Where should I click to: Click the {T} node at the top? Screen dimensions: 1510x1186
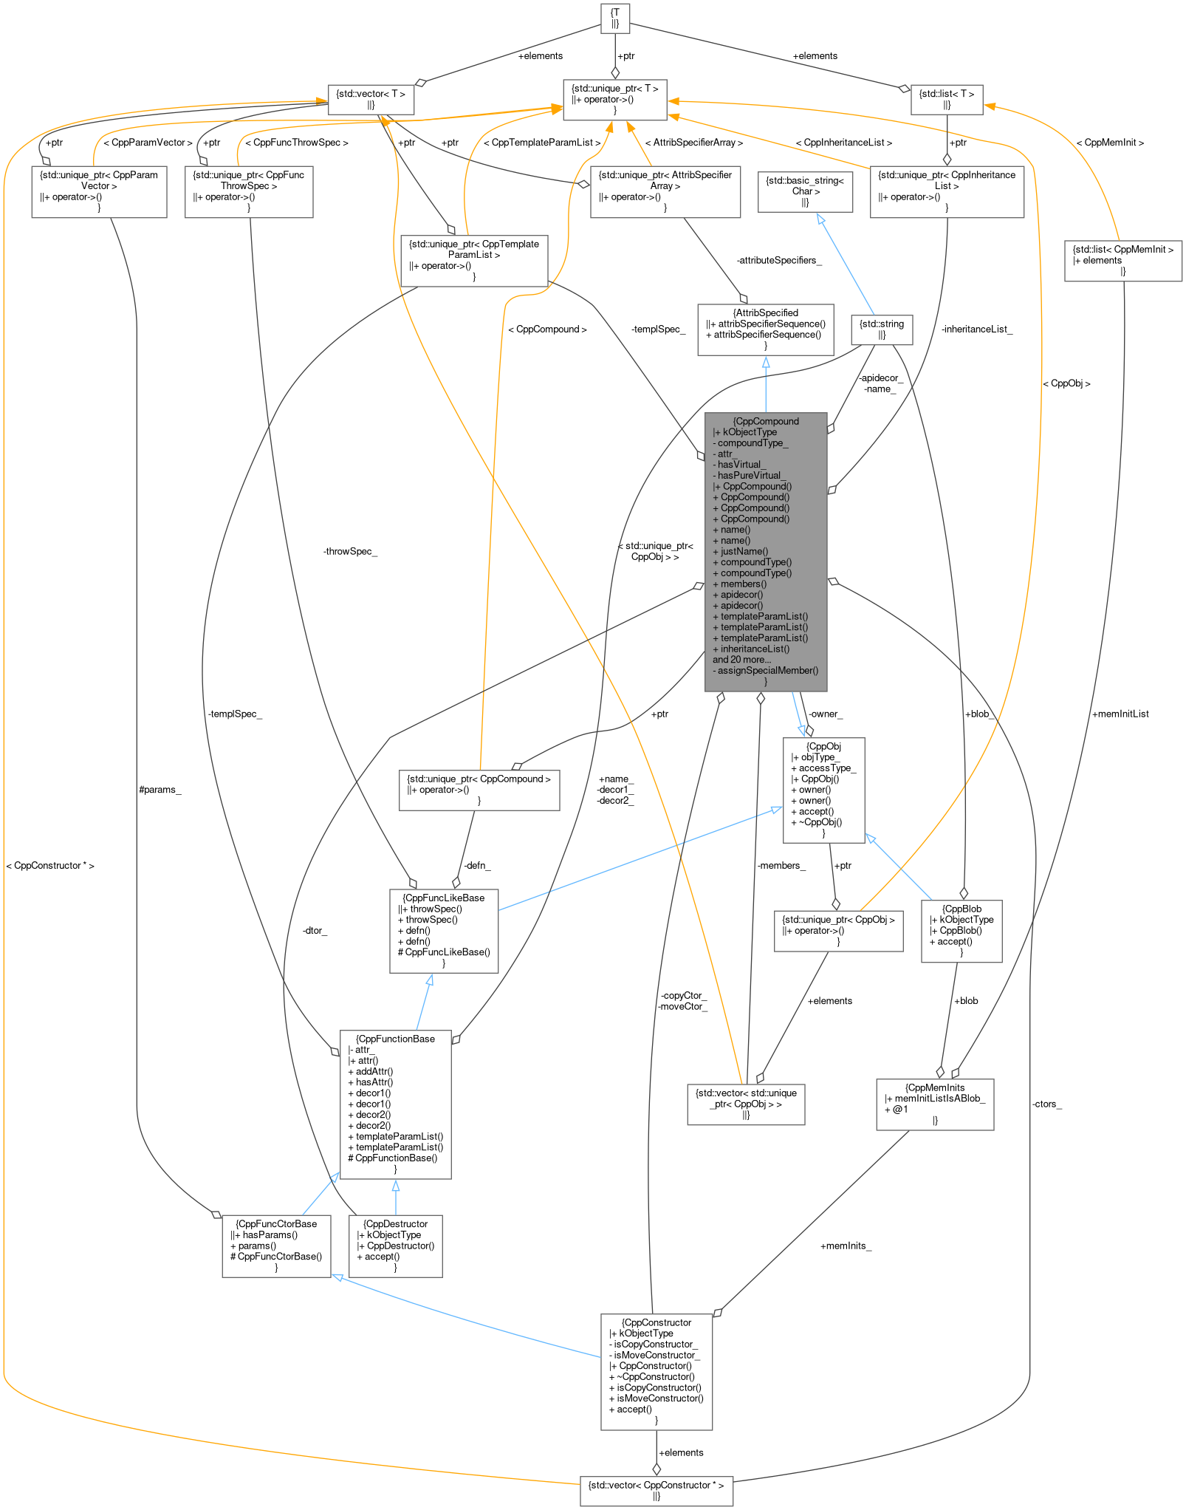click(615, 18)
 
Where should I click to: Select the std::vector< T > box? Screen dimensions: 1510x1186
click(370, 99)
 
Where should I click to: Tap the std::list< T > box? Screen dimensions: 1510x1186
click(946, 99)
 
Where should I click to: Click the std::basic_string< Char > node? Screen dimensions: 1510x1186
click(805, 191)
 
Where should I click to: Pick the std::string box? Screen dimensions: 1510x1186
click(882, 329)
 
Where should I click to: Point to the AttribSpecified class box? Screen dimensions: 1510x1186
click(765, 329)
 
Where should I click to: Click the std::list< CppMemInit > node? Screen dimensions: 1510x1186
click(1122, 260)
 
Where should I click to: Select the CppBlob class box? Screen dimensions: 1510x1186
click(961, 930)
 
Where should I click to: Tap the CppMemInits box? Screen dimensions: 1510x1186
click(934, 1104)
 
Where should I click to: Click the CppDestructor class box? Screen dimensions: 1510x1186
click(395, 1246)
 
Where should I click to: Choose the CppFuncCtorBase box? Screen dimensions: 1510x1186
click(276, 1246)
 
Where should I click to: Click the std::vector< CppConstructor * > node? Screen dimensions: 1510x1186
click(656, 1490)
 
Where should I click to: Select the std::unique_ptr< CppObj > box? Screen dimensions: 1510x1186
click(838, 930)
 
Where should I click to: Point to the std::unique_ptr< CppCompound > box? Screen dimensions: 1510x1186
click(479, 789)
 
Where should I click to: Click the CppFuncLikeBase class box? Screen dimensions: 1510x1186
click(443, 930)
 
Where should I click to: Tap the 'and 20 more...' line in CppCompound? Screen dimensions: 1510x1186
click(741, 660)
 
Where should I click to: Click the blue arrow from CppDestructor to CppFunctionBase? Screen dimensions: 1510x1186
click(396, 1196)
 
